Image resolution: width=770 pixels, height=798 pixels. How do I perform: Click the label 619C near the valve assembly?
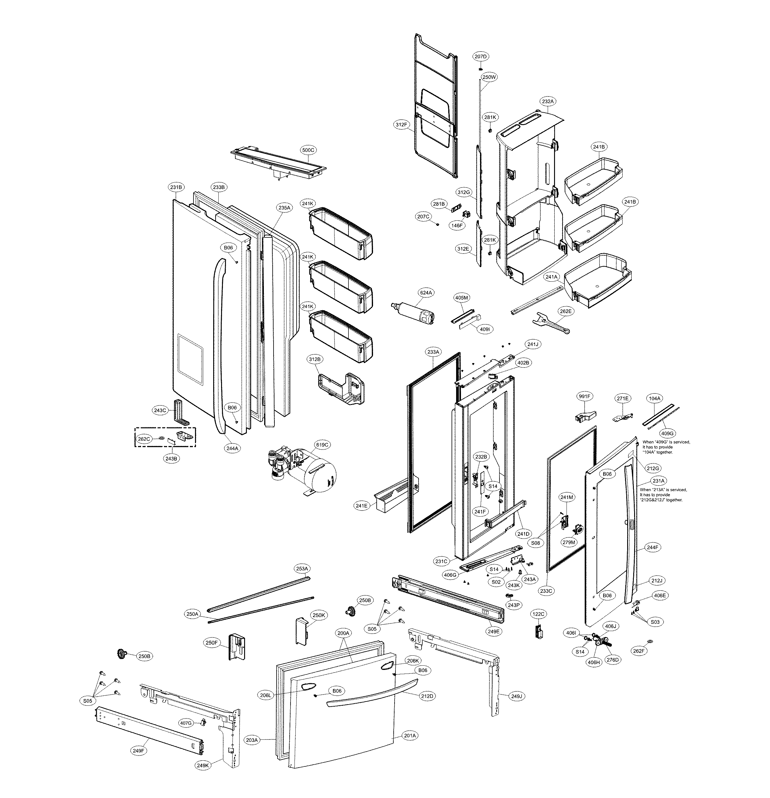pos(322,445)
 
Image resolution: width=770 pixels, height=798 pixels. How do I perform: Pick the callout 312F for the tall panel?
pos(401,124)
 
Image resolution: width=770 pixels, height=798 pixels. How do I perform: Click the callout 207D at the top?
pos(480,56)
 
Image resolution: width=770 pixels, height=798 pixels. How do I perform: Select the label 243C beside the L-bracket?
pos(160,410)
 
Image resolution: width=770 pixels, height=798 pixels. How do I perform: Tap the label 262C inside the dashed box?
pos(143,439)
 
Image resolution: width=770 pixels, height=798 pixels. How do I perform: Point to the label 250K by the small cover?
pos(318,615)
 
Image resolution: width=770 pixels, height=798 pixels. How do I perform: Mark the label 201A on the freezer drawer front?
pos(410,747)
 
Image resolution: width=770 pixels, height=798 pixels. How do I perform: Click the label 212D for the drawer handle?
pos(427,696)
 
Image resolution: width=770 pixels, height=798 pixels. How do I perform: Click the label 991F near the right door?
pos(584,396)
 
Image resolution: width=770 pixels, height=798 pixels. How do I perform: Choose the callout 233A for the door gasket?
pos(433,351)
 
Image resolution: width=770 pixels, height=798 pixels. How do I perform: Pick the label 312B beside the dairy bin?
pos(314,359)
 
